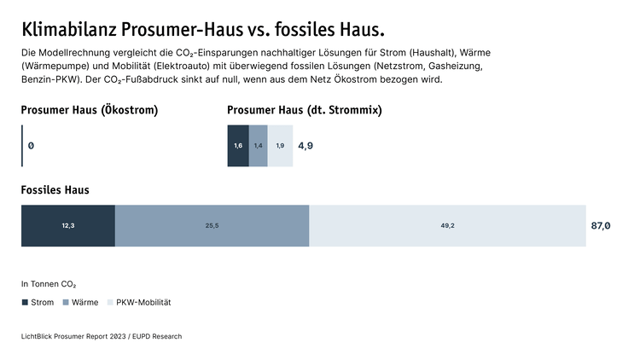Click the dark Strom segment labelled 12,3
click(68, 226)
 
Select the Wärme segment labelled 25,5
click(212, 226)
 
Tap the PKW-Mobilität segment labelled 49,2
click(447, 226)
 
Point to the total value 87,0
click(601, 226)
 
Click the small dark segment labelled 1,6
click(238, 146)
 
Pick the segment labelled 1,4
click(258, 146)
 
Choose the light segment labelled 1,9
click(280, 146)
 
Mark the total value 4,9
click(305, 146)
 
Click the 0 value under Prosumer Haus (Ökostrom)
click(31, 146)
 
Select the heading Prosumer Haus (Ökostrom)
click(89, 110)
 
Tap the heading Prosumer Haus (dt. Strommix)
click(304, 110)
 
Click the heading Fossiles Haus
click(55, 189)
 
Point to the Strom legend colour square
click(25, 303)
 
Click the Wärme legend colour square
click(78, 303)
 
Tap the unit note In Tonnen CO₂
click(49, 284)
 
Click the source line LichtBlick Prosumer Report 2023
click(101, 337)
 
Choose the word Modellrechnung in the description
click(72, 53)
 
